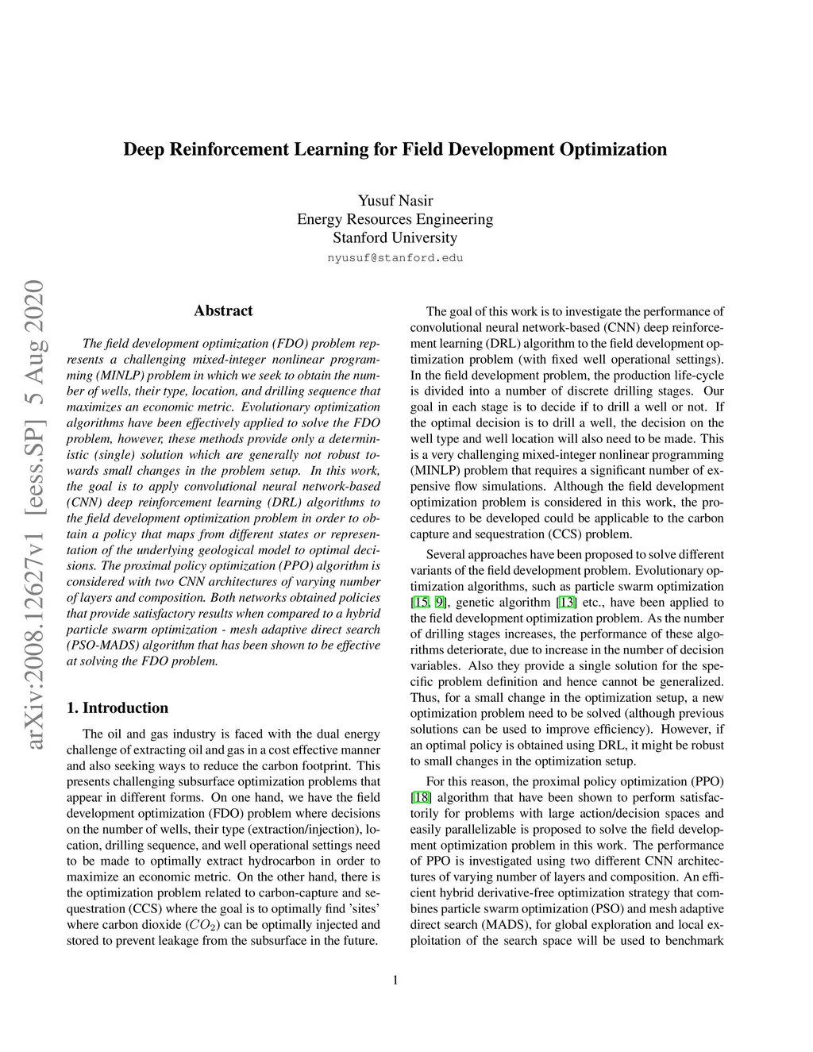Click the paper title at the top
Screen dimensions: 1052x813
(395, 149)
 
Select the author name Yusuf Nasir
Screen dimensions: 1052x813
(395, 200)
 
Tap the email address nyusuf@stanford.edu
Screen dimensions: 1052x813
(395, 258)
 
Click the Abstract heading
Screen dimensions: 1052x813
(223, 310)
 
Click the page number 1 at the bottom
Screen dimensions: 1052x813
(395, 980)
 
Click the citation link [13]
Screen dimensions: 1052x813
(567, 603)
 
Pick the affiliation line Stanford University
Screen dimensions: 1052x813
(395, 237)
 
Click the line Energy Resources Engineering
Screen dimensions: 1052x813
(395, 219)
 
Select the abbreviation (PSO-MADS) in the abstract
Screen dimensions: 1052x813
(101, 645)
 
